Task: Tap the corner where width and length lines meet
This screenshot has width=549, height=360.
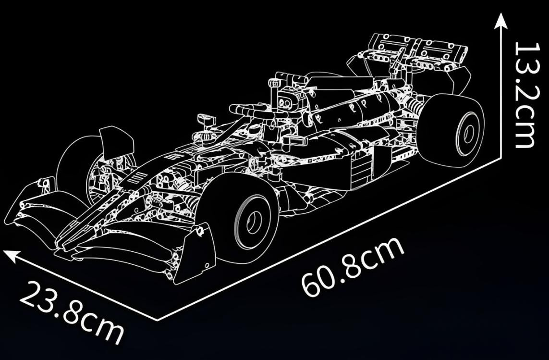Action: [157, 319]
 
